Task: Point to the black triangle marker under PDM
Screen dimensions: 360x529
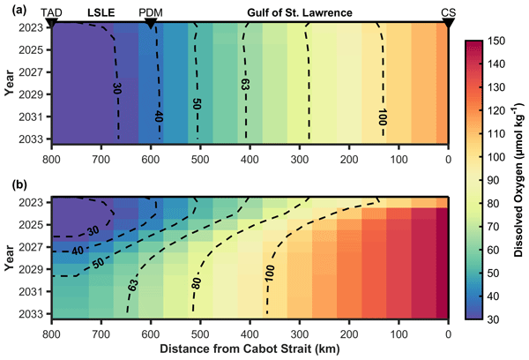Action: (x=151, y=23)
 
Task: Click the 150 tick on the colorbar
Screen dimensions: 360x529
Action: (x=495, y=41)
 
